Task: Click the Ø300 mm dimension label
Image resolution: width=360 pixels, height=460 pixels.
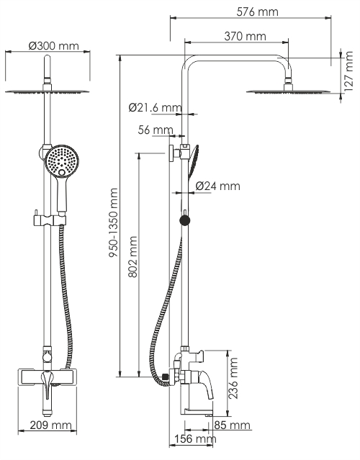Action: (54, 46)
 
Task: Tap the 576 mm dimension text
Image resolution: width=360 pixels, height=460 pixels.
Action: (257, 12)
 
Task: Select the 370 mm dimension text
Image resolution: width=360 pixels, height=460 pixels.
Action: (245, 37)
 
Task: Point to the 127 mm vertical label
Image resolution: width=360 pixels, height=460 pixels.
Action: (348, 71)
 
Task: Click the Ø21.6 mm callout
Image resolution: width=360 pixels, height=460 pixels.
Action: (156, 108)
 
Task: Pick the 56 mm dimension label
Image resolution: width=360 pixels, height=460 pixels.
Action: (156, 130)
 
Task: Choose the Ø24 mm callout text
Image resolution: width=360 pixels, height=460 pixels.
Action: (217, 186)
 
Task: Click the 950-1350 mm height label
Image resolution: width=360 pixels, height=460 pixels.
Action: (113, 223)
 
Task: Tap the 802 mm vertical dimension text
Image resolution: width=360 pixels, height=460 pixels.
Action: (132, 257)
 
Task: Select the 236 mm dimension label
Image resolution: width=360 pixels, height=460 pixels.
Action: (233, 378)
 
